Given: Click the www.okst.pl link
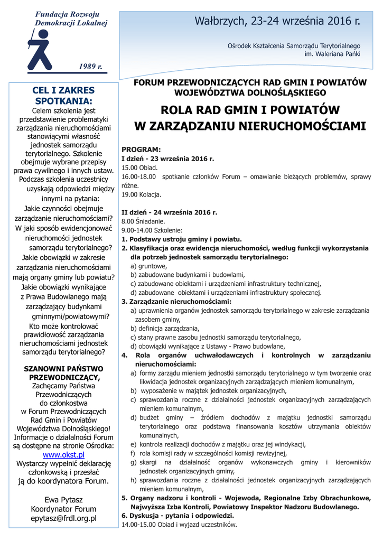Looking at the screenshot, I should (63, 454).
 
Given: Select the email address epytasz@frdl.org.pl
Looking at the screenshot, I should (63, 518).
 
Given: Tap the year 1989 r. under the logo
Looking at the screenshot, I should (90, 66).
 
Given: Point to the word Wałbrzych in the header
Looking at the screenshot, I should (220, 22).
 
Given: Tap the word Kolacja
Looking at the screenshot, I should (151, 194).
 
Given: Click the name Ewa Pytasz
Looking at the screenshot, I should (63, 499).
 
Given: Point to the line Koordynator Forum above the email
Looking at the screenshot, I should (63, 509).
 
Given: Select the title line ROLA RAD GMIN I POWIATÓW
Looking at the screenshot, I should (250, 110).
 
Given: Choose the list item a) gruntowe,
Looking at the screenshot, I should (149, 266).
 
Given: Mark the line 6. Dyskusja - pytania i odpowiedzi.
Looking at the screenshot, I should (178, 516).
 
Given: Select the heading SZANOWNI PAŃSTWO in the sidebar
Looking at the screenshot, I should (63, 368).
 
